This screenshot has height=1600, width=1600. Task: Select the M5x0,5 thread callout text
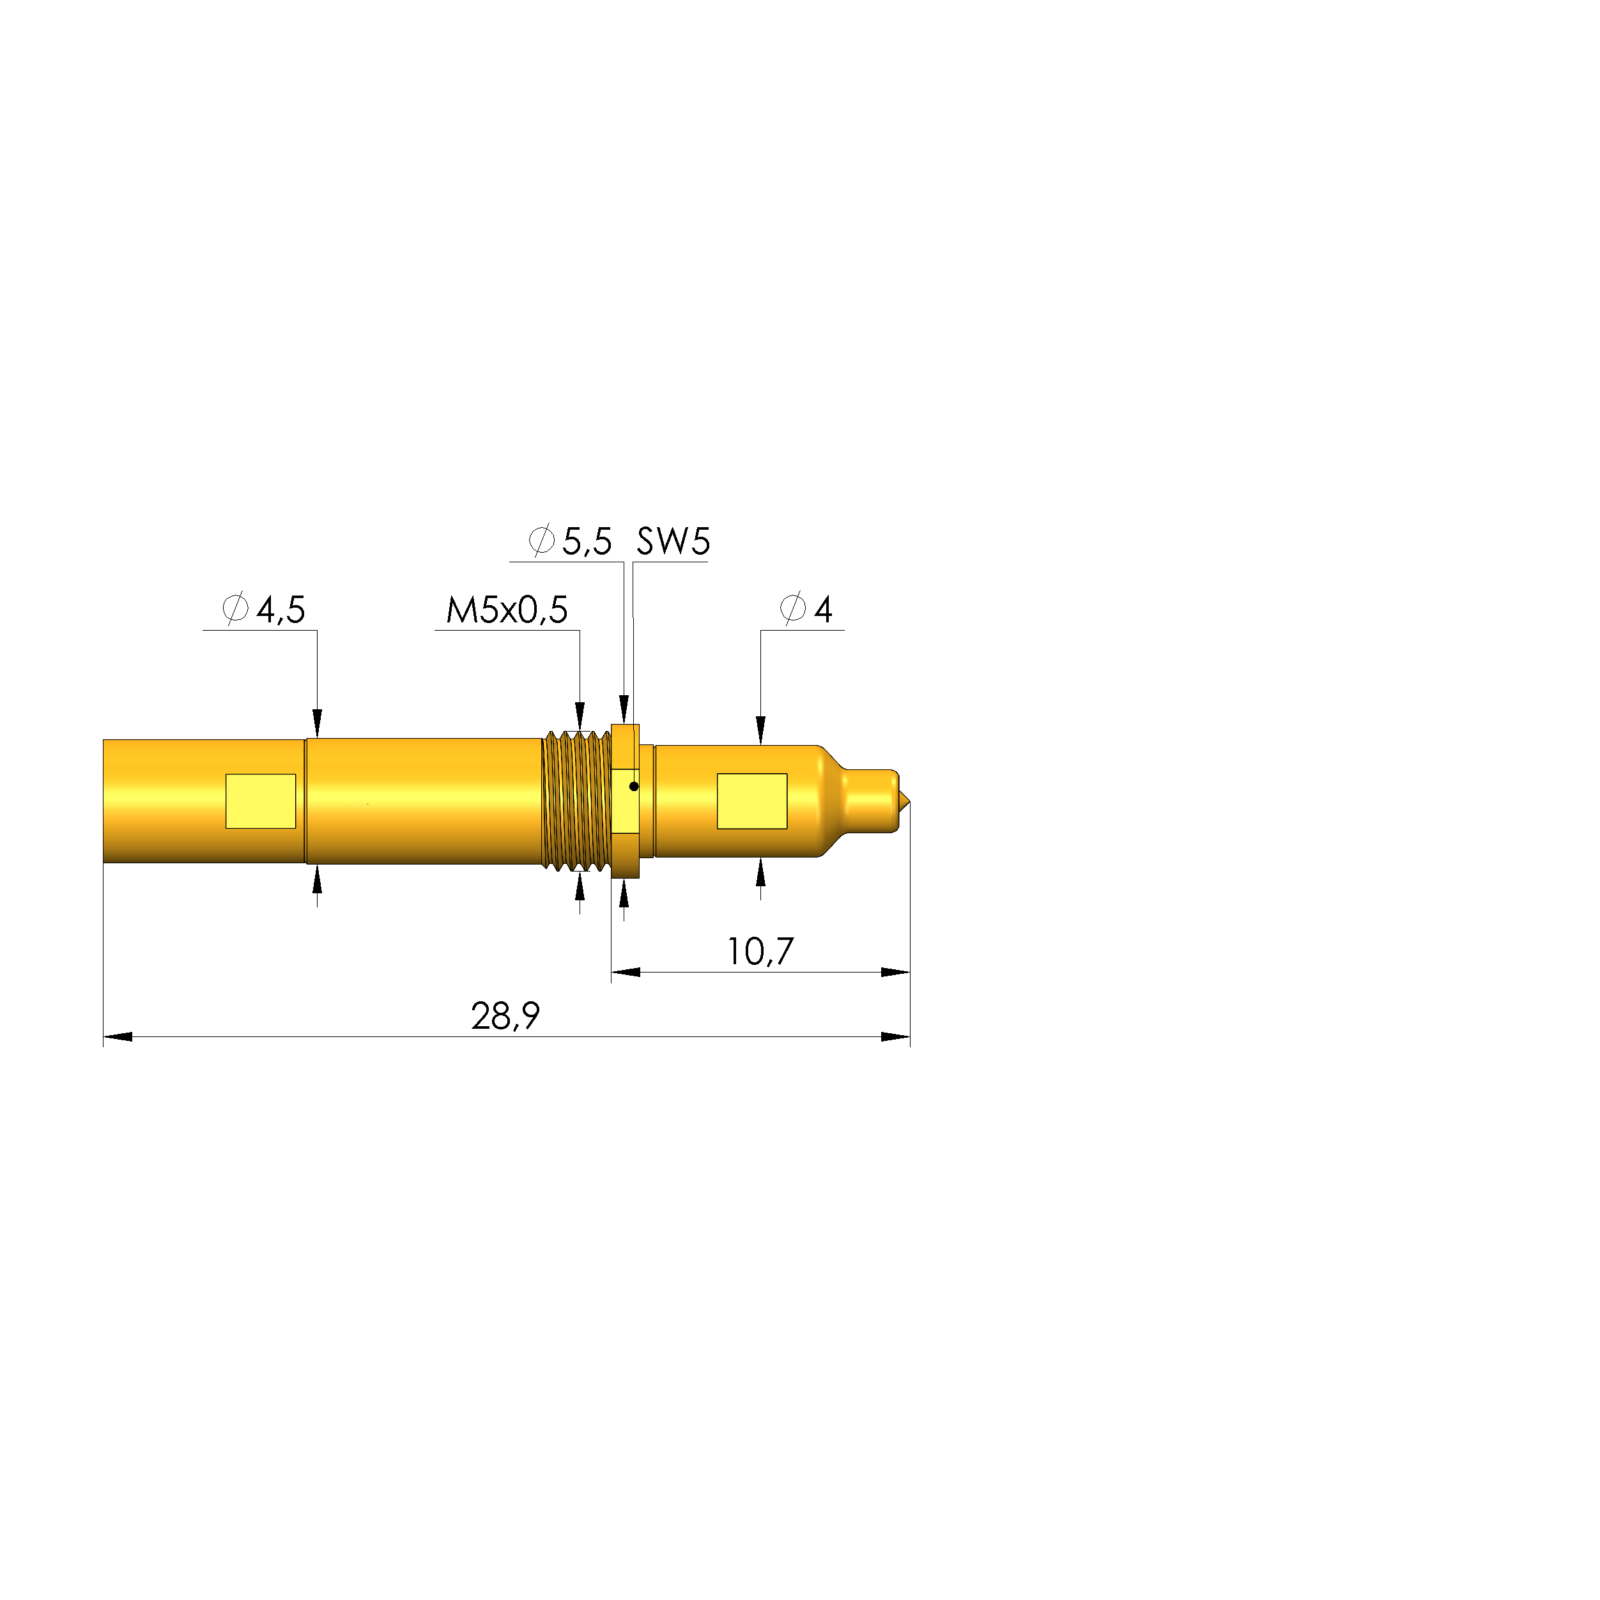coord(506,610)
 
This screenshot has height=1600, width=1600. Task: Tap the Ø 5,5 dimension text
coord(571,542)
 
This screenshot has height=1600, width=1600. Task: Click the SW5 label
coord(672,542)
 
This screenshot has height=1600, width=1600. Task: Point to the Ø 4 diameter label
coord(806,610)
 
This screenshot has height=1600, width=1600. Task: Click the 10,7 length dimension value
coord(759,951)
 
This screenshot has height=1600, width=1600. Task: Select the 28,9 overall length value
coord(505,1016)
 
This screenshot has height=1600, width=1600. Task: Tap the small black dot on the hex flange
coord(633,787)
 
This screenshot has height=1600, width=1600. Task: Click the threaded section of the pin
coord(576,800)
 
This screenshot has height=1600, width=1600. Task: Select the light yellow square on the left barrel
coord(261,801)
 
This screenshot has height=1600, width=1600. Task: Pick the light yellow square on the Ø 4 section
coord(752,801)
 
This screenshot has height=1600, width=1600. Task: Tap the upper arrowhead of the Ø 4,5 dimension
coord(317,722)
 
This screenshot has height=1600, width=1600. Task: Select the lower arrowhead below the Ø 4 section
coord(760,873)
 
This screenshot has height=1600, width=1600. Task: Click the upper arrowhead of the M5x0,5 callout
coord(580,716)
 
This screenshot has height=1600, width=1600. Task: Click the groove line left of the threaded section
coord(305,801)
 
